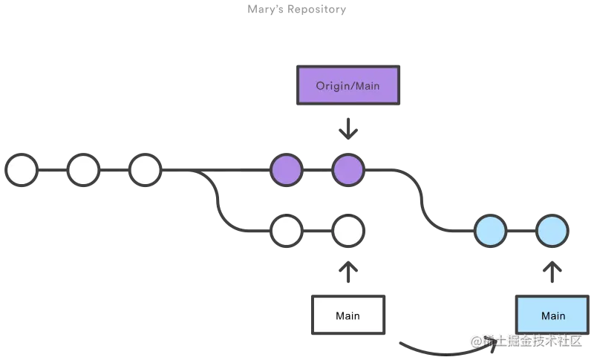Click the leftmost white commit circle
22,170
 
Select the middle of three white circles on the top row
83,170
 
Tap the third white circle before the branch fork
145,170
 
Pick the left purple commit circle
287,170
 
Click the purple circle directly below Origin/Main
347,170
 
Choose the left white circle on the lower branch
287,231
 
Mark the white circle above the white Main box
347,231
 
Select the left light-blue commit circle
491,231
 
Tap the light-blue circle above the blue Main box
552,231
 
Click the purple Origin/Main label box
347,85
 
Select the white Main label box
347,315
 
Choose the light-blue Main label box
552,315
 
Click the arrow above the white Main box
347,270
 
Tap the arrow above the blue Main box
552,270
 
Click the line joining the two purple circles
317,170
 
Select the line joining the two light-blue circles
521,231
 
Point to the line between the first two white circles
52,170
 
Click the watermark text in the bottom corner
529,341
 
